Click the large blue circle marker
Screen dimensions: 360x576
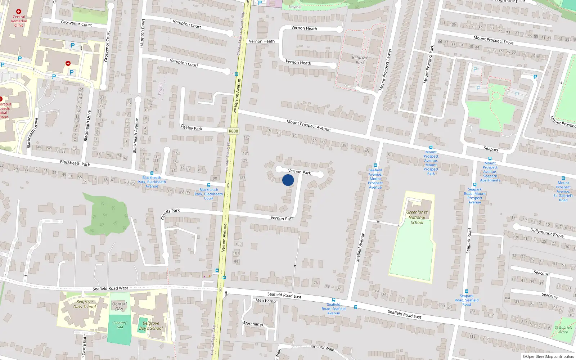[x=288, y=180]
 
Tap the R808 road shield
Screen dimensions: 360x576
[x=233, y=131]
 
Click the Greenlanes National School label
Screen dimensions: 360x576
[x=417, y=217]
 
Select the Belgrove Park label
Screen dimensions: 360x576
[x=360, y=60]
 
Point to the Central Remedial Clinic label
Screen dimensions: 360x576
[x=19, y=21]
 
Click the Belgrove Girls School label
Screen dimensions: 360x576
[x=85, y=304]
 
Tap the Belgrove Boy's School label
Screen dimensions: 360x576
[x=151, y=326]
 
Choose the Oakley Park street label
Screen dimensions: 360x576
[x=192, y=127]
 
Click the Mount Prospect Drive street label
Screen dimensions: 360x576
[x=493, y=40]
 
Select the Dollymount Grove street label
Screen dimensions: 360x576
[x=547, y=233]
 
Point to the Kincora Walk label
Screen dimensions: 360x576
[x=322, y=348]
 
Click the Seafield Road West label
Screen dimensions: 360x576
[x=110, y=288]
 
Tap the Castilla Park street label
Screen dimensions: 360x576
[x=170, y=213]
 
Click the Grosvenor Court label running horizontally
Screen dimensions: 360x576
[x=76, y=23]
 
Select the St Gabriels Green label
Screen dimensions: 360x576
[x=563, y=329]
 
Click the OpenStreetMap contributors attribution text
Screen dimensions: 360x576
[x=548, y=356]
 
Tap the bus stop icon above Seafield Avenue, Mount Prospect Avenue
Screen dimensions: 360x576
[x=375, y=165]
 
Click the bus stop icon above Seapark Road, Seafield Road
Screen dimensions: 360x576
[x=467, y=291]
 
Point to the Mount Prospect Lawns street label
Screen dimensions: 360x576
[x=385, y=70]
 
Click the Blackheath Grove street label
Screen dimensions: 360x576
[x=32, y=133]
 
